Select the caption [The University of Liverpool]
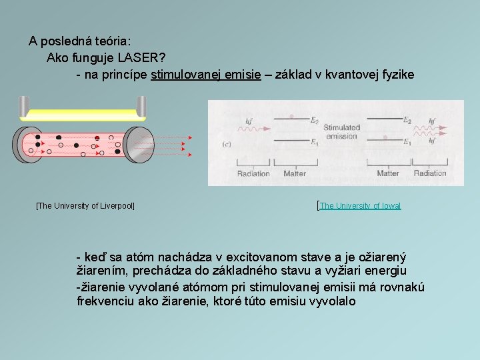point(85,206)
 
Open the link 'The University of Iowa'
point(360,206)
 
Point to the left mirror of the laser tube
point(24,143)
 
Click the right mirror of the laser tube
point(141,143)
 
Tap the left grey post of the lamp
point(24,106)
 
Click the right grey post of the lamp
point(141,106)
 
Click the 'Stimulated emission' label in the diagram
point(341,131)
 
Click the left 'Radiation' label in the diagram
point(253,173)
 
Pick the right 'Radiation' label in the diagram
point(430,173)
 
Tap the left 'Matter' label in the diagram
point(295,173)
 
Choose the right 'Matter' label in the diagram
point(388,173)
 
